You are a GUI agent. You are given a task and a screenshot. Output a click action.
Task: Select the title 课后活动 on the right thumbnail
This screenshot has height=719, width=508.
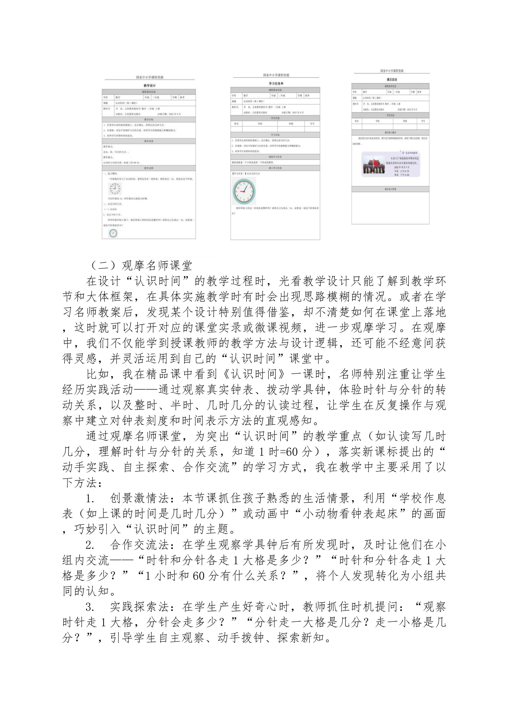(x=392, y=80)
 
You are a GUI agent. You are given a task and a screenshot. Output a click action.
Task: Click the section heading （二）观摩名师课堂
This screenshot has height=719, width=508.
(x=140, y=266)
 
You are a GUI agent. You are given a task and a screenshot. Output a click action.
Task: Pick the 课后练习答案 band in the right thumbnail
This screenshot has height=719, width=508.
(x=390, y=189)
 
